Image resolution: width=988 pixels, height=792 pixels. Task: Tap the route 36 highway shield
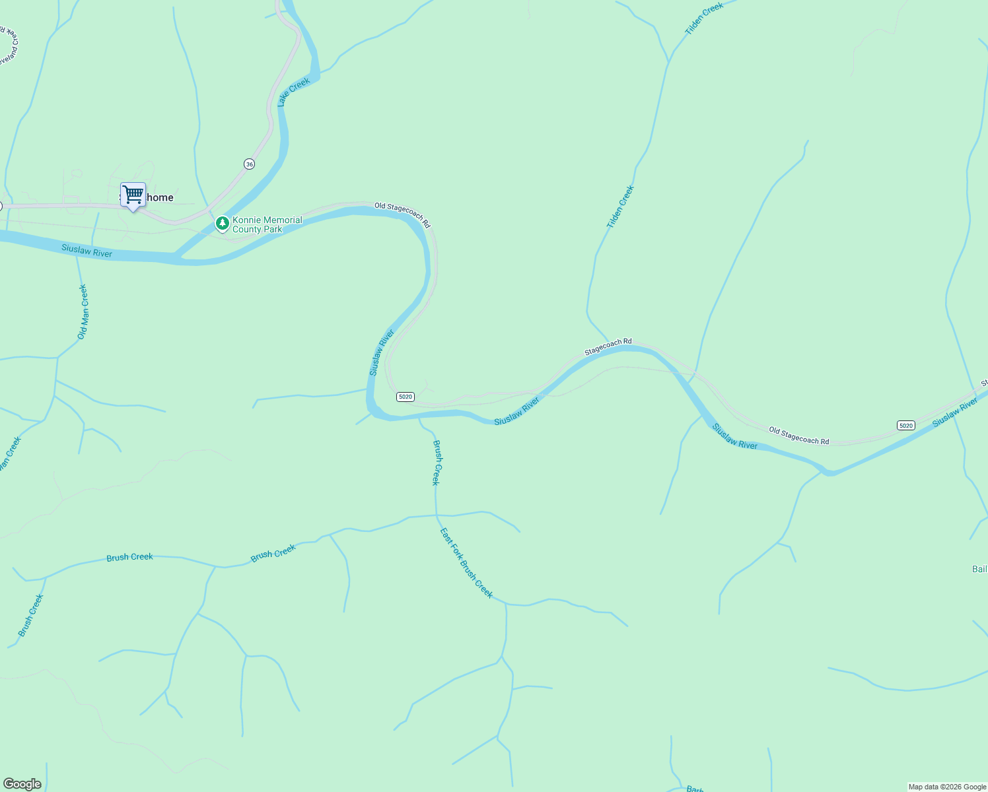click(x=249, y=164)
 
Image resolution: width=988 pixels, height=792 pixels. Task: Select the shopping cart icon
click(x=133, y=195)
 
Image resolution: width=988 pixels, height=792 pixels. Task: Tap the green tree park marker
click(x=223, y=224)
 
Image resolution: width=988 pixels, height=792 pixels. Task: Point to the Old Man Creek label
click(x=83, y=312)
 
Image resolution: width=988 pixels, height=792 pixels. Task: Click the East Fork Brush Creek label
click(x=466, y=563)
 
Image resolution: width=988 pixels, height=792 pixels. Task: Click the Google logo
click(x=22, y=784)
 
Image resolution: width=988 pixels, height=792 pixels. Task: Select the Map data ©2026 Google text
click(x=946, y=787)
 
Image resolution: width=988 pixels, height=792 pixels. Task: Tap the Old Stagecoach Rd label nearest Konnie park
click(x=402, y=215)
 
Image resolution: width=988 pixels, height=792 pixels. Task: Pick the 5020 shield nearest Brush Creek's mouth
click(x=406, y=397)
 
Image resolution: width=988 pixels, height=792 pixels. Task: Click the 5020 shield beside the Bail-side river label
click(x=906, y=426)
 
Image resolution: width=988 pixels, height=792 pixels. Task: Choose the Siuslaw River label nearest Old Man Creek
click(x=87, y=251)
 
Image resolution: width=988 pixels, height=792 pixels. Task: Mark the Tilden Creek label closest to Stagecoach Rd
click(x=620, y=207)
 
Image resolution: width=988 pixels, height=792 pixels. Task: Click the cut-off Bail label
click(x=979, y=569)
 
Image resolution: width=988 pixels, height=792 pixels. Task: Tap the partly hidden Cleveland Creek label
click(x=9, y=46)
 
